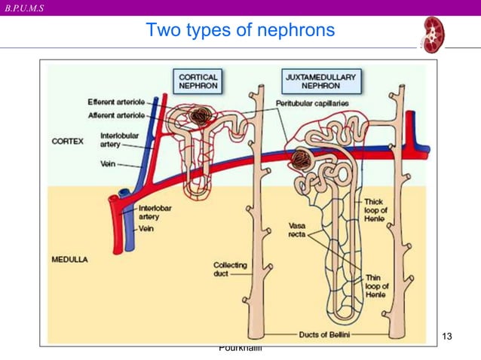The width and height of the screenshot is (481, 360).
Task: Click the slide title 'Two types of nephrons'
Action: coord(240,31)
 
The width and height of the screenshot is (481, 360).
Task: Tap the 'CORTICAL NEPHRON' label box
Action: coord(198,81)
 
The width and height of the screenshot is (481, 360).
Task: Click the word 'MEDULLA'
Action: coord(69,259)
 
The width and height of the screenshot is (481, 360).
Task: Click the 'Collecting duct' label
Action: coord(230,270)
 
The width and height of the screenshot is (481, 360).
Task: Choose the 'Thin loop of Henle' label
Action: coord(376,286)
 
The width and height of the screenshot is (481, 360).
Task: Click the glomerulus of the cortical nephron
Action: coord(201,116)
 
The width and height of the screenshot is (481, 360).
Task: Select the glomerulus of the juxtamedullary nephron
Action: coord(301,159)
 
